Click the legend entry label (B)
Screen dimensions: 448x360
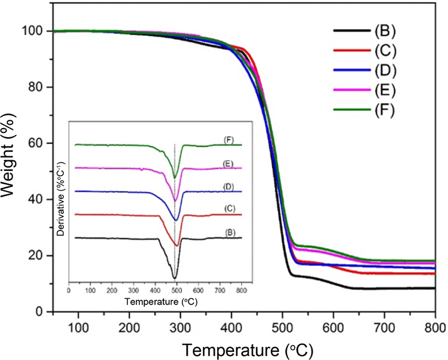385,30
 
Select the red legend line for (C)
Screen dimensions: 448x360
352,50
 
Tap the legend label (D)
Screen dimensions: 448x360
385,70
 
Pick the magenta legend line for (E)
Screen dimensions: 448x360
352,90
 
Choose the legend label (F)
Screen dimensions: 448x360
385,110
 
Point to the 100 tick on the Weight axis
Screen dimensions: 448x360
33,31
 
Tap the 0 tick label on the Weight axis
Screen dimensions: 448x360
41,311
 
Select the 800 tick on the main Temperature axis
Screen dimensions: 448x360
435,327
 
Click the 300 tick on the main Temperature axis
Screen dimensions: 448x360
180,327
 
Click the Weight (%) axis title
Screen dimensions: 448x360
8,154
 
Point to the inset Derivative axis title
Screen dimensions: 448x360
61,199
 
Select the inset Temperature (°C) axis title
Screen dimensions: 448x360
161,301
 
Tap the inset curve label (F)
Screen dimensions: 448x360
229,140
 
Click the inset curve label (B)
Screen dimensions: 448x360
230,233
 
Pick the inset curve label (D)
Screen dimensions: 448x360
229,187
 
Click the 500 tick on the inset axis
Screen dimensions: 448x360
177,291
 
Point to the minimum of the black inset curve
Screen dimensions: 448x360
174,278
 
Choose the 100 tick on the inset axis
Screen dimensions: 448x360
90,291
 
